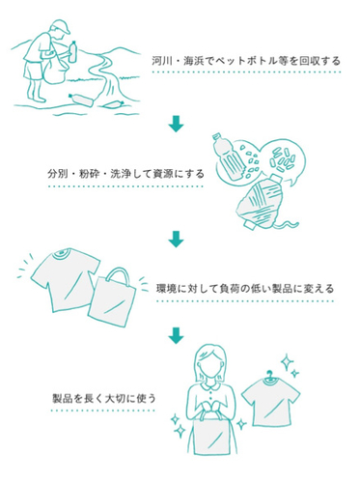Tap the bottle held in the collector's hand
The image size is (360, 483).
pos(73,51)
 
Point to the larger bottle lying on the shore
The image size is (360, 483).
pos(81,99)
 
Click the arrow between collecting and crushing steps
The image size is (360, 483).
pos(176,124)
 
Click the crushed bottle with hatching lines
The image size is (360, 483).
pos(263,203)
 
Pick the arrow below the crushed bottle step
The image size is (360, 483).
pos(176,239)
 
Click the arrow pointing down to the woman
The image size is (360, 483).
pos(176,335)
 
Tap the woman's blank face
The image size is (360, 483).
pos(210,365)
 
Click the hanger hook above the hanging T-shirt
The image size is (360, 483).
pos(269,375)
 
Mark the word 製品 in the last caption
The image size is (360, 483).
pos(62,398)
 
